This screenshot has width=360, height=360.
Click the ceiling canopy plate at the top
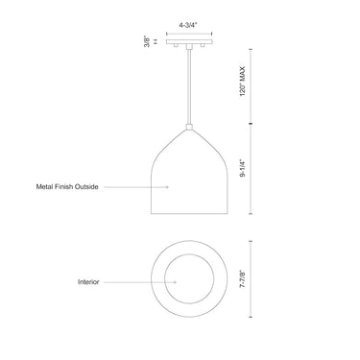point(188,41)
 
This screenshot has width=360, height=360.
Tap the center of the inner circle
point(189,282)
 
